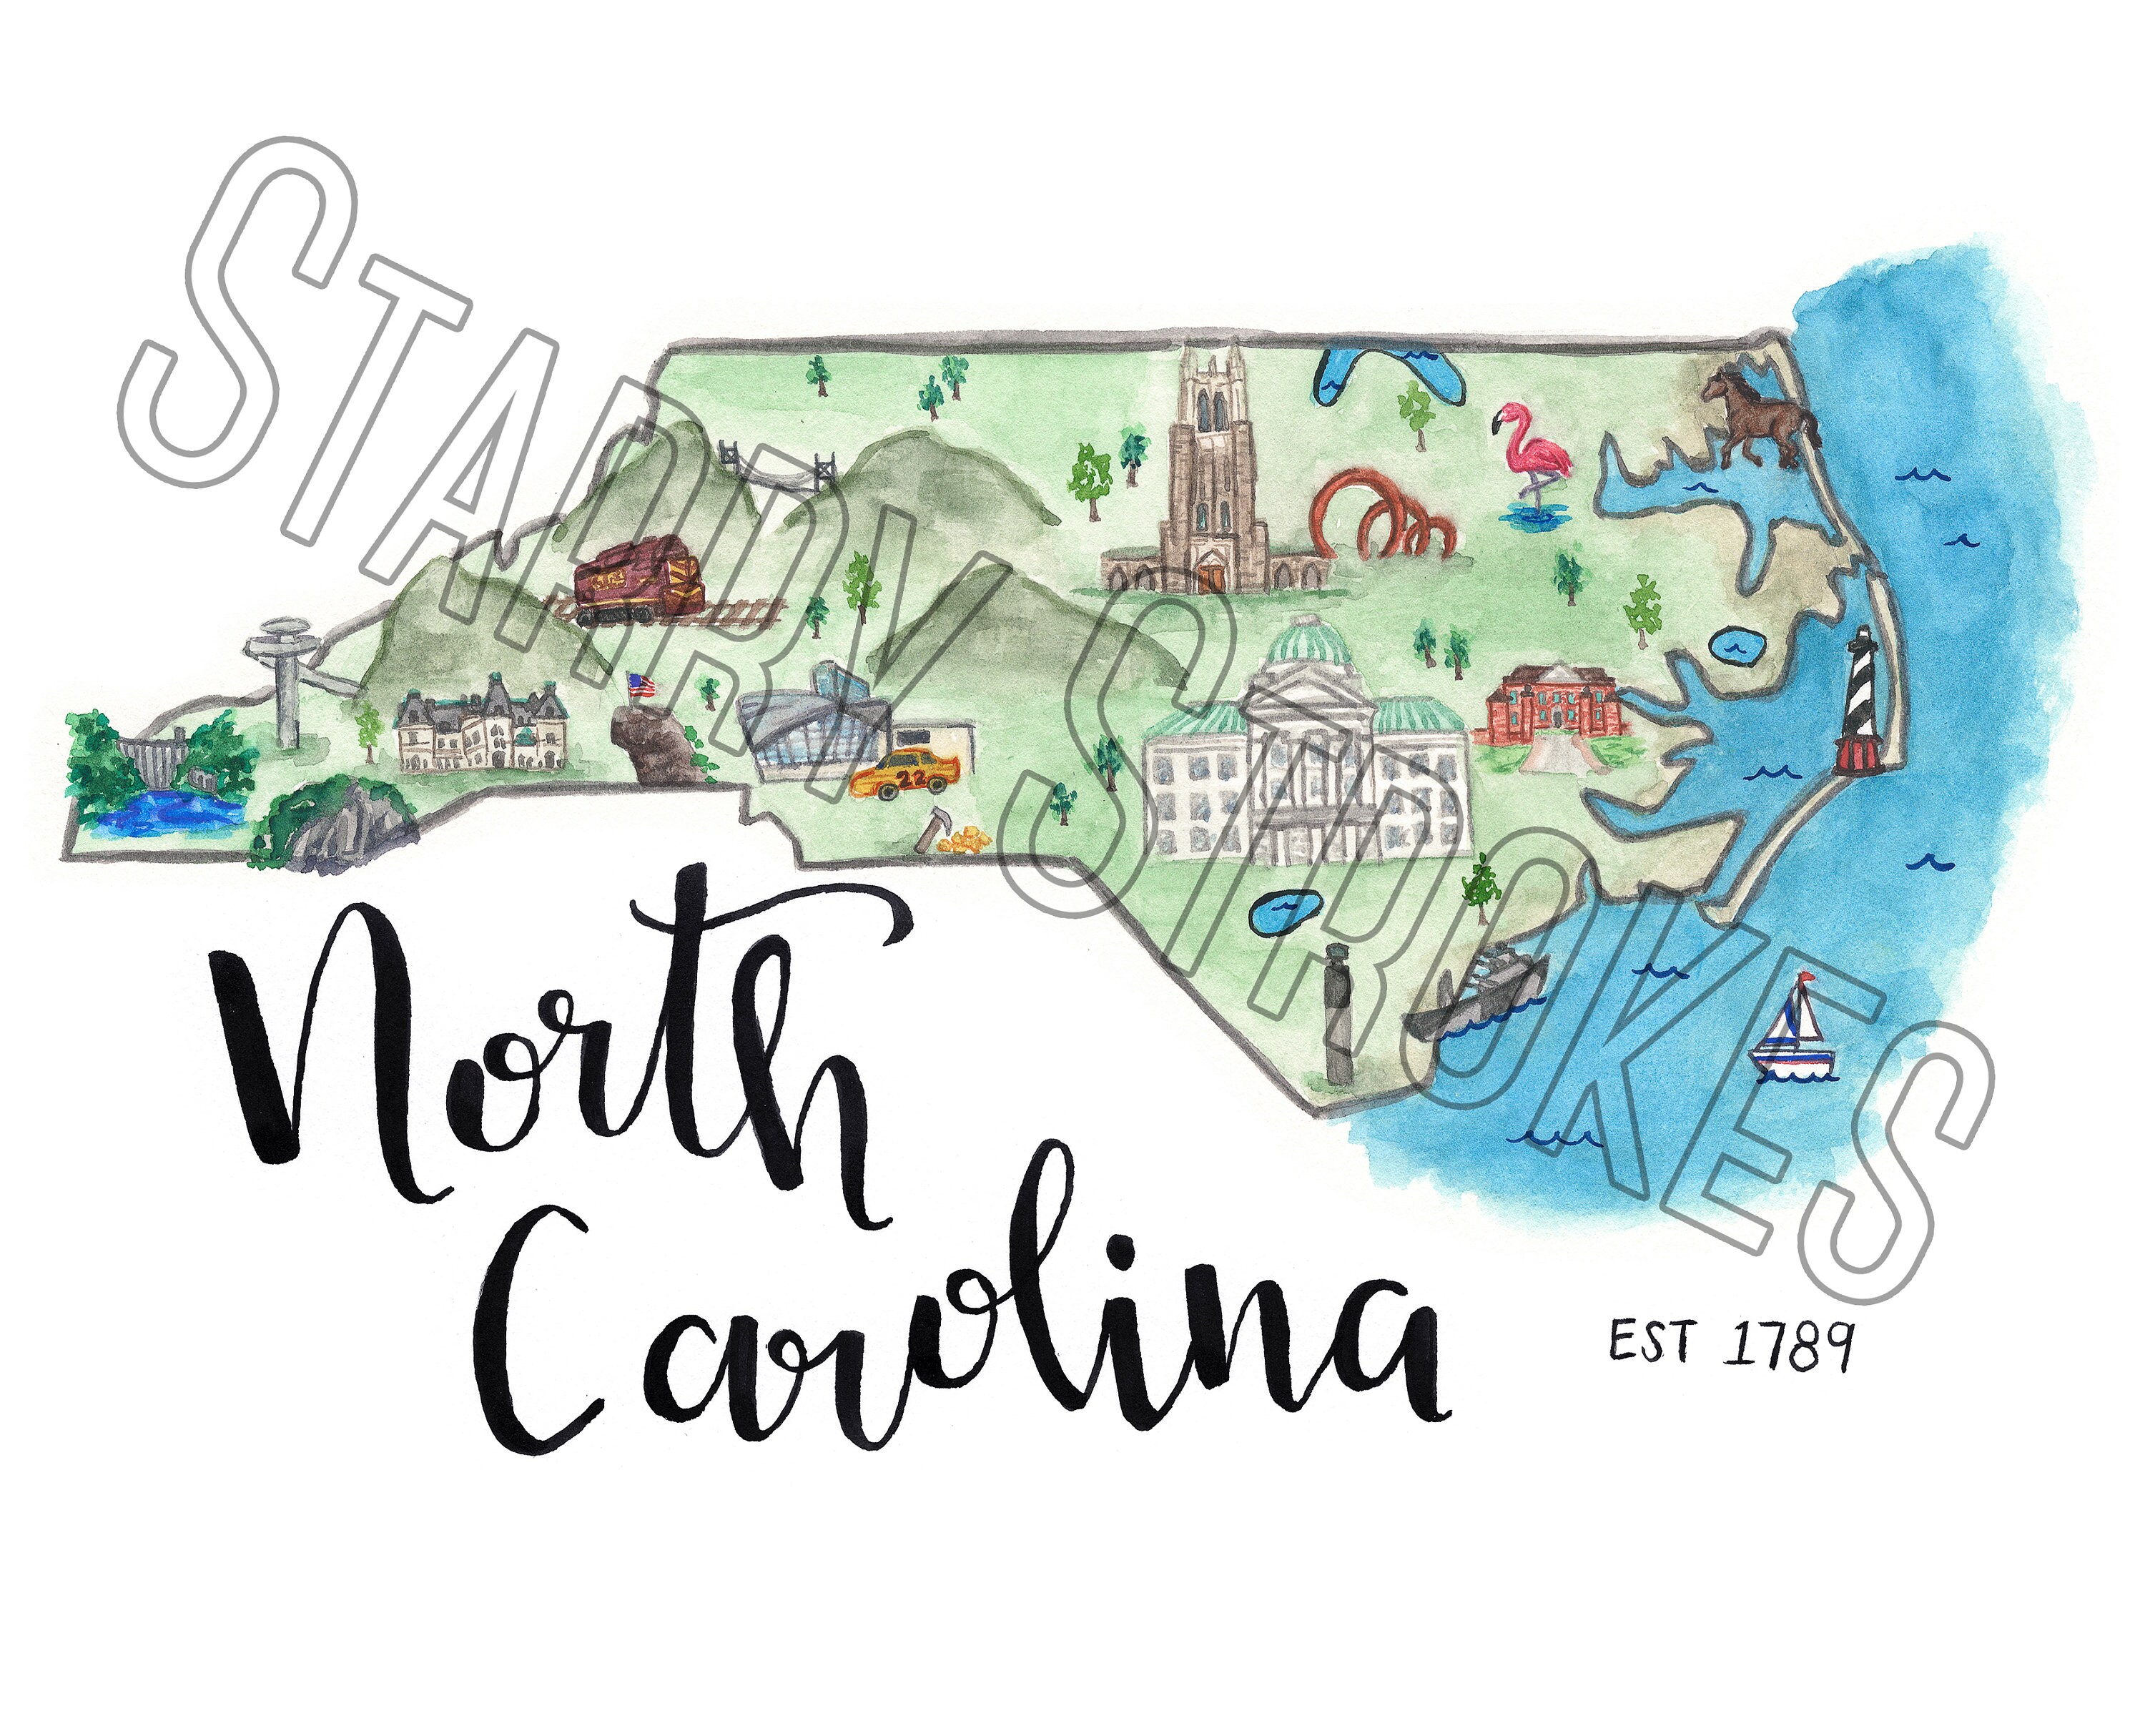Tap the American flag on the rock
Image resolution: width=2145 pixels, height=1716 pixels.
[x=641, y=684]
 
